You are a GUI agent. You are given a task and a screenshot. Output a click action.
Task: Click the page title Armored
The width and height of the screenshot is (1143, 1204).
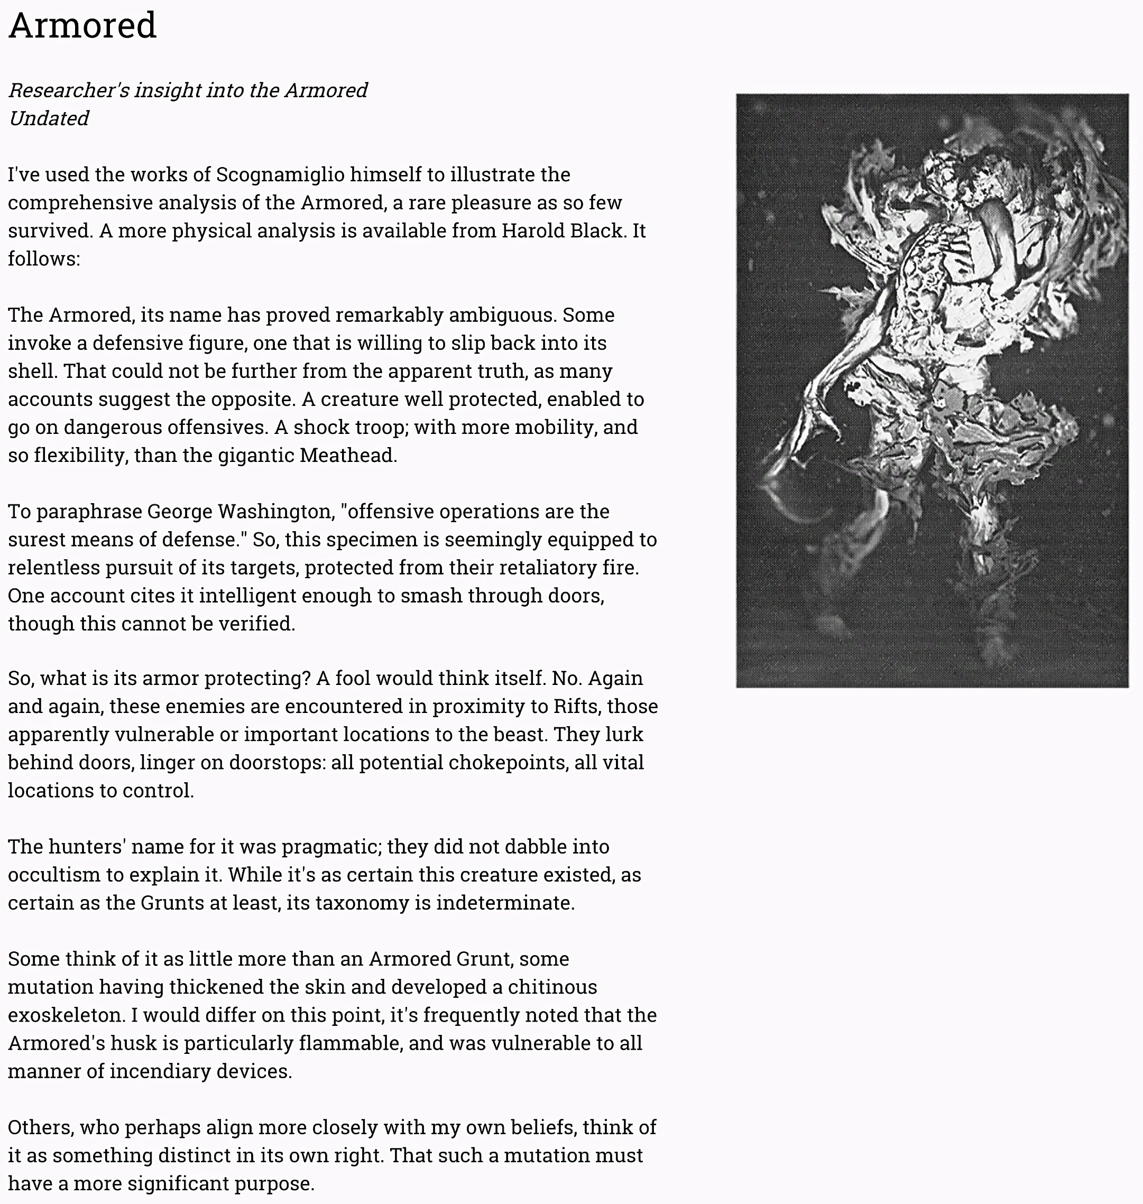(82, 25)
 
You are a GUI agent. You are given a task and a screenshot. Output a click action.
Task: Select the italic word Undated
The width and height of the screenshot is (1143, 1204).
(49, 118)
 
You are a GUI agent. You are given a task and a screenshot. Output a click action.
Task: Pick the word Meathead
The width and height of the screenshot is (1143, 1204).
(348, 456)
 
